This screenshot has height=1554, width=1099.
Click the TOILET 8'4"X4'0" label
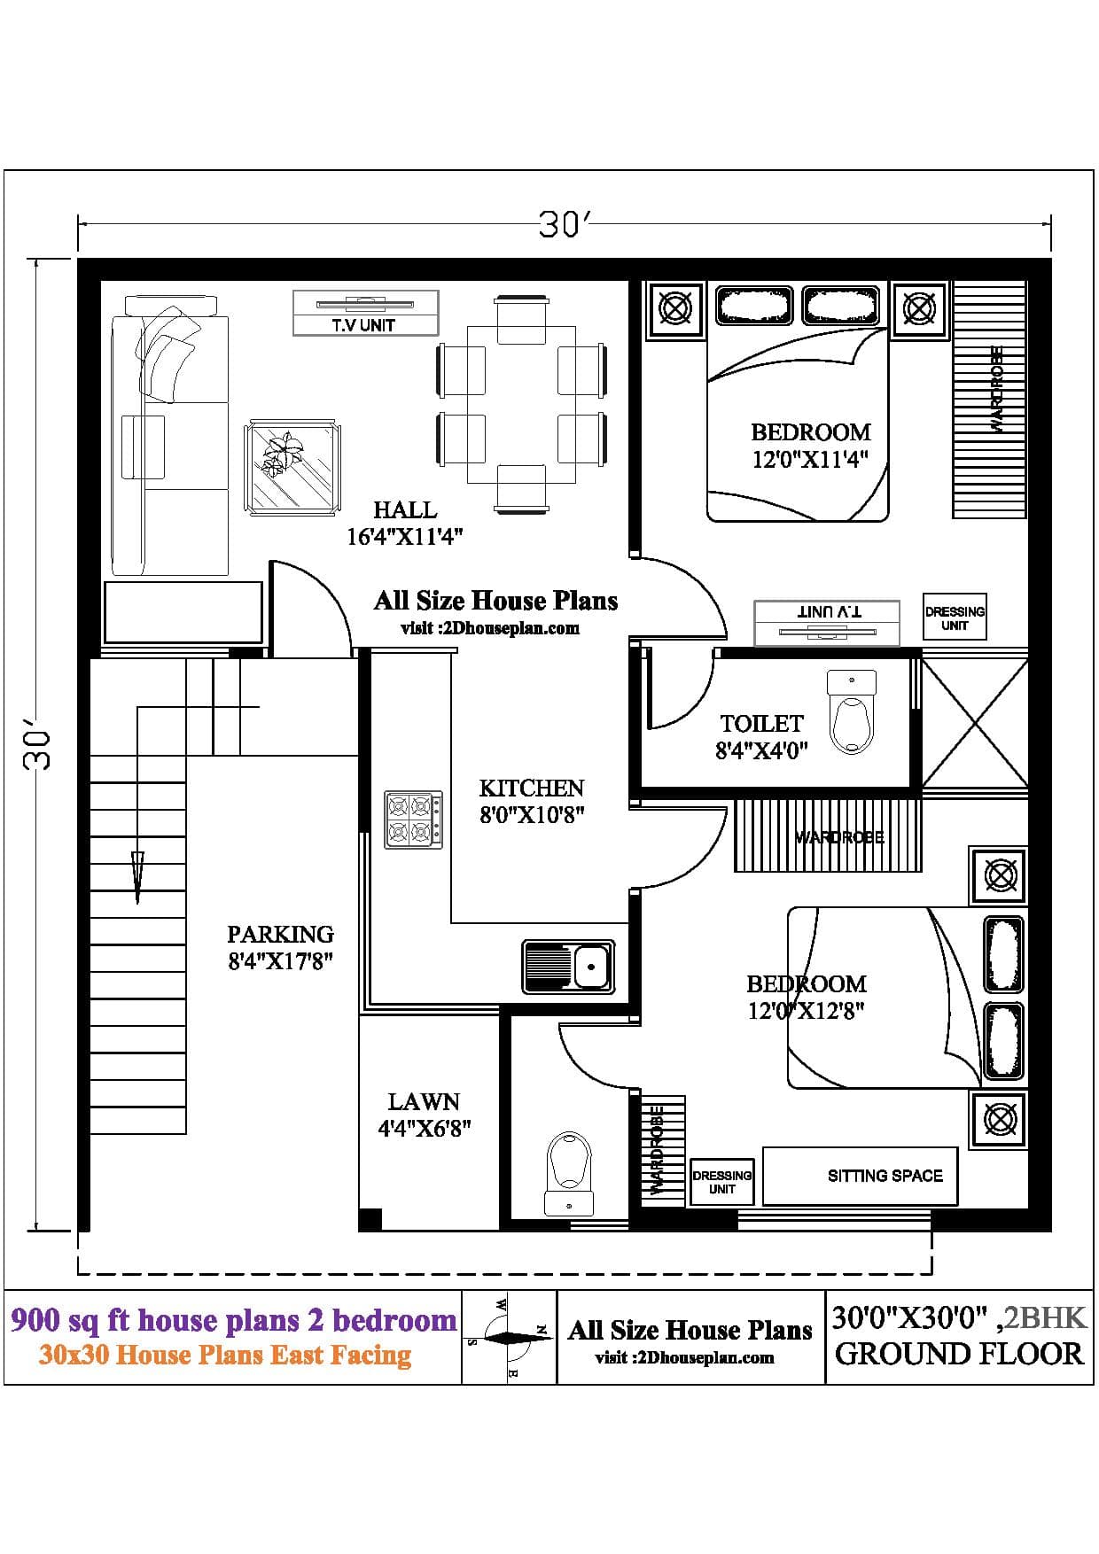click(x=761, y=737)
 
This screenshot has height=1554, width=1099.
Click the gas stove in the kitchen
click(x=413, y=820)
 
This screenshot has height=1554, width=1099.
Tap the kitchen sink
click(x=568, y=966)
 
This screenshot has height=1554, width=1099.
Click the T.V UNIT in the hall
click(x=365, y=313)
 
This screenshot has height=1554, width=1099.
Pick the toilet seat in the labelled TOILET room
click(x=851, y=711)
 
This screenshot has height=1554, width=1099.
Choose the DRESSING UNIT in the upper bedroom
click(x=955, y=618)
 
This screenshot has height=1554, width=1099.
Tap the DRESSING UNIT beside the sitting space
click(x=722, y=1182)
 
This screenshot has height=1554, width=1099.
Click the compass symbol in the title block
click(x=508, y=1337)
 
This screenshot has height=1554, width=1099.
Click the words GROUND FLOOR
click(x=959, y=1354)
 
